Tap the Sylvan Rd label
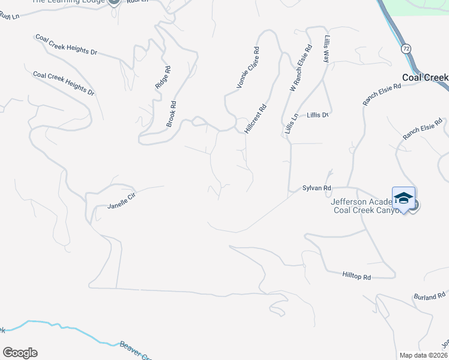(x=317, y=188)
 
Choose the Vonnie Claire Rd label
(x=247, y=68)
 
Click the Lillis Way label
(x=327, y=49)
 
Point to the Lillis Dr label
(x=319, y=115)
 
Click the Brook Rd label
(x=171, y=113)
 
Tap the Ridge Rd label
(x=162, y=78)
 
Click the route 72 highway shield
(x=406, y=47)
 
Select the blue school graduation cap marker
(x=404, y=199)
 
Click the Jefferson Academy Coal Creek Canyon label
(x=364, y=206)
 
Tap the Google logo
(x=20, y=353)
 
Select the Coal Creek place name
(x=425, y=78)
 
